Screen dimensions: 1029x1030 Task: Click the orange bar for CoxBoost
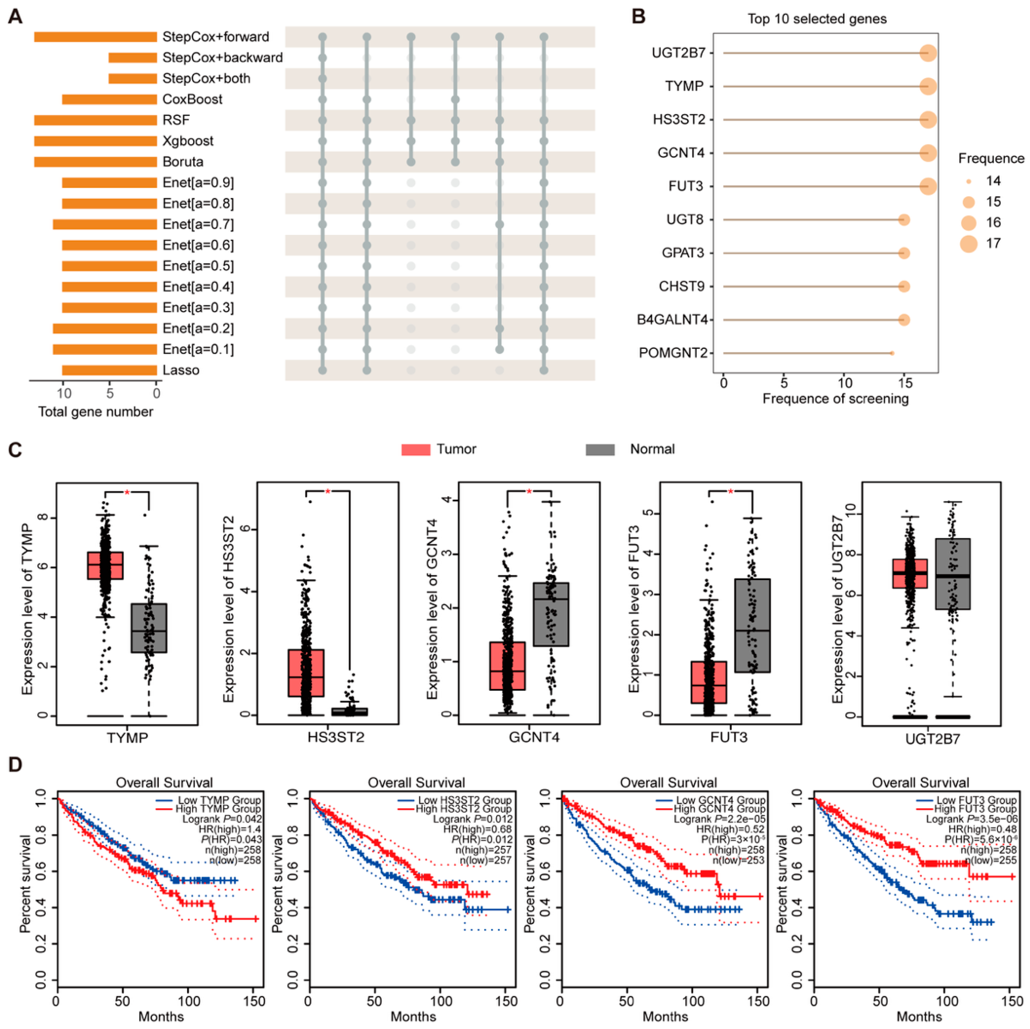point(109,99)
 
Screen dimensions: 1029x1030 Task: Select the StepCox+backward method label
point(222,57)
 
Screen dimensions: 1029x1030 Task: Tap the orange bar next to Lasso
point(109,370)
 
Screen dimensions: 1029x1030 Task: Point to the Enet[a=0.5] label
point(198,266)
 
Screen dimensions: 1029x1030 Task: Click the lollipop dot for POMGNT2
point(892,353)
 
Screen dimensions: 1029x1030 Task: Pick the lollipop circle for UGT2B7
point(928,53)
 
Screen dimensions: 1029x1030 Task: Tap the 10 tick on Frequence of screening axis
point(844,383)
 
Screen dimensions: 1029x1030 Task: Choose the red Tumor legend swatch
point(415,449)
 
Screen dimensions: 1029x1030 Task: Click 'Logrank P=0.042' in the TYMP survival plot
point(222,819)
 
